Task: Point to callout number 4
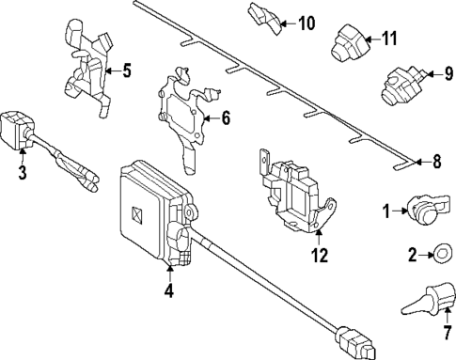169,290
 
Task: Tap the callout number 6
226,118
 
